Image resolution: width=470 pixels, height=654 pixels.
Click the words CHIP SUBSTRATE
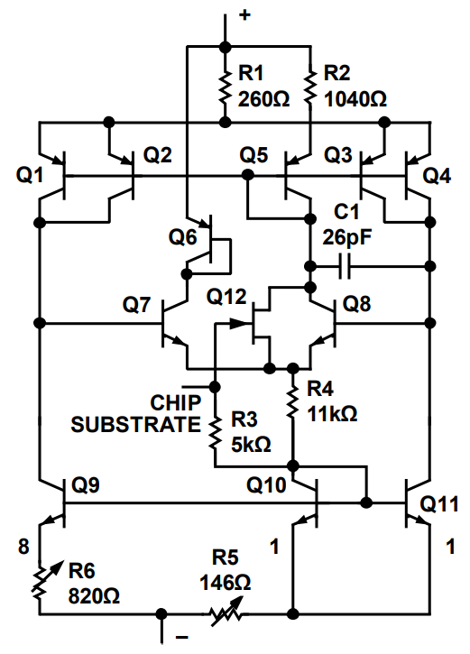tap(135, 413)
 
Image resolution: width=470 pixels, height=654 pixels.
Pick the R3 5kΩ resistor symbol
tap(216, 429)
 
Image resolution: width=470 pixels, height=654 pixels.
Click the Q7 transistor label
tap(137, 305)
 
